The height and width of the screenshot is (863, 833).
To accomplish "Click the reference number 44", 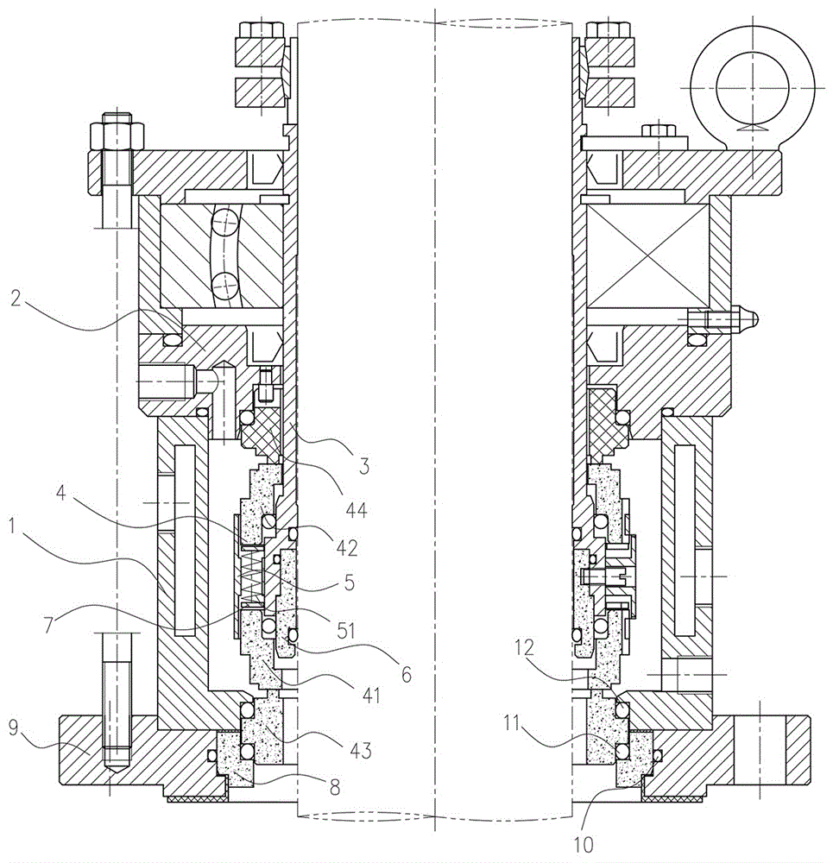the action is point(356,511).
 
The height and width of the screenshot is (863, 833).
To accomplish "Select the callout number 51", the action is point(346,629).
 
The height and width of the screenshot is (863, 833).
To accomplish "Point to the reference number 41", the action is point(371,696).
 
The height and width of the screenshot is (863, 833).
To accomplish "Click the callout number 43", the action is point(361,750).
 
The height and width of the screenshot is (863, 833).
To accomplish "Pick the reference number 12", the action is point(524,647).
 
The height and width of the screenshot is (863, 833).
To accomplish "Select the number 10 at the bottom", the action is point(584,844).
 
